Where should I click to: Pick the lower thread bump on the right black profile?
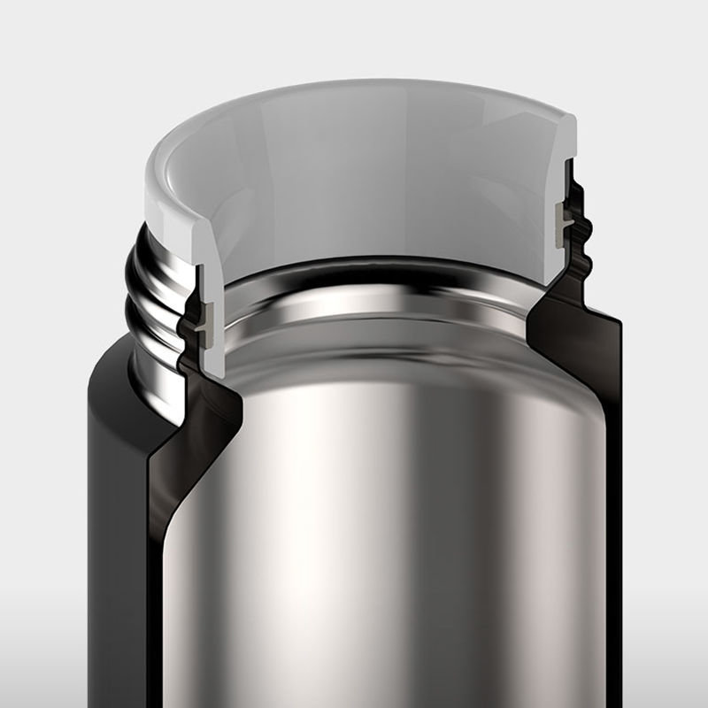point(588,258)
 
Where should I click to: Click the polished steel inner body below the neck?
point(381,487)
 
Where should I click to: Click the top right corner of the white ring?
point(571,119)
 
